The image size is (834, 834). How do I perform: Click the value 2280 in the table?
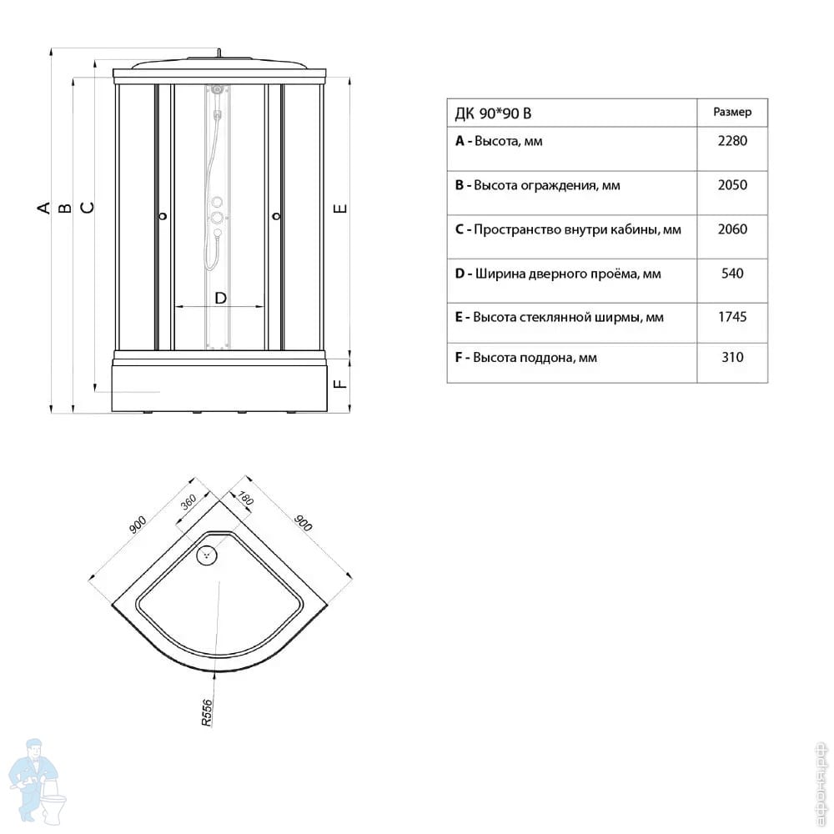point(732,141)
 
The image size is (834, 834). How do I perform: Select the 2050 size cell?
point(732,185)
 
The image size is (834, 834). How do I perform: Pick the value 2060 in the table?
point(732,229)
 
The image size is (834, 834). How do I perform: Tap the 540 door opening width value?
point(732,274)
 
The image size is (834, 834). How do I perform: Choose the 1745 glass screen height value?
point(732,317)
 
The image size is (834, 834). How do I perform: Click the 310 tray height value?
point(732,357)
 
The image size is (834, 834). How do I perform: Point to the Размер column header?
point(732,113)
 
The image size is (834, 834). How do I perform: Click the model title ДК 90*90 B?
point(493,113)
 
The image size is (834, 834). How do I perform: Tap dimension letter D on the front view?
point(220,298)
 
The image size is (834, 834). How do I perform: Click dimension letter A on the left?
point(43,208)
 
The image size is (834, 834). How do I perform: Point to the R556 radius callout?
point(206,713)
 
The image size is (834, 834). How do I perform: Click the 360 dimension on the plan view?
point(188,501)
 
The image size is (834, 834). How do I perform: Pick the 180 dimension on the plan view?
point(244,498)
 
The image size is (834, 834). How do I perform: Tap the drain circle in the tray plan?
point(207,555)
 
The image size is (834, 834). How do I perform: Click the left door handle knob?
point(163,216)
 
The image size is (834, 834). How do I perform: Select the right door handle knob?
point(276,216)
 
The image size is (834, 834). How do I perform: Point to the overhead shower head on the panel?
point(217,89)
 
